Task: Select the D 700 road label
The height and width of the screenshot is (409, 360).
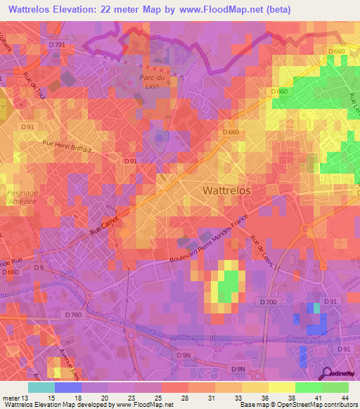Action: click(x=268, y=301)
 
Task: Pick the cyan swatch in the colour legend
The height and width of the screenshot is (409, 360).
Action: click(x=41, y=387)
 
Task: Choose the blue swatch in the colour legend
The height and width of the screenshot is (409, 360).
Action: click(x=67, y=387)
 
